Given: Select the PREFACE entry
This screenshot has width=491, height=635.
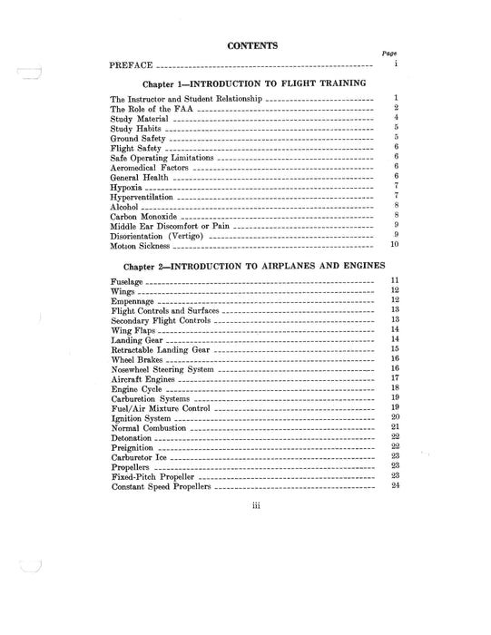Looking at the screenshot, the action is (x=130, y=66).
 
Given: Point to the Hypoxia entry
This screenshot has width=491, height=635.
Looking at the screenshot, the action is (x=127, y=186).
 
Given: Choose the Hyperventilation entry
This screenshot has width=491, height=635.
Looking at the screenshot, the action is (x=141, y=197).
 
